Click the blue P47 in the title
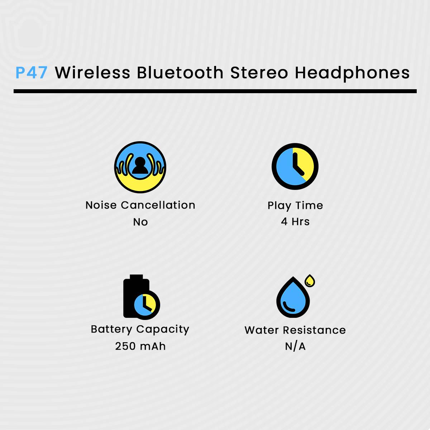click(32, 73)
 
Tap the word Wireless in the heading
click(92, 73)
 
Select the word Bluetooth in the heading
click(180, 73)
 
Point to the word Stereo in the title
click(259, 73)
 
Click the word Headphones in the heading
click(352, 73)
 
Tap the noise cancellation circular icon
click(140, 167)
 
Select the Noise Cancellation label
click(140, 205)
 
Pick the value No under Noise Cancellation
click(140, 222)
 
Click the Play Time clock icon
click(295, 167)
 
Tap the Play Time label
click(295, 205)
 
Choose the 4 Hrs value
click(295, 222)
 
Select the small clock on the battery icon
click(145, 305)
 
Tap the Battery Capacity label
click(140, 329)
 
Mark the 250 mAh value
click(140, 346)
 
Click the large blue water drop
click(293, 298)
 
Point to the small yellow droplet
click(310, 281)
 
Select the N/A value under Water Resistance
click(295, 347)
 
